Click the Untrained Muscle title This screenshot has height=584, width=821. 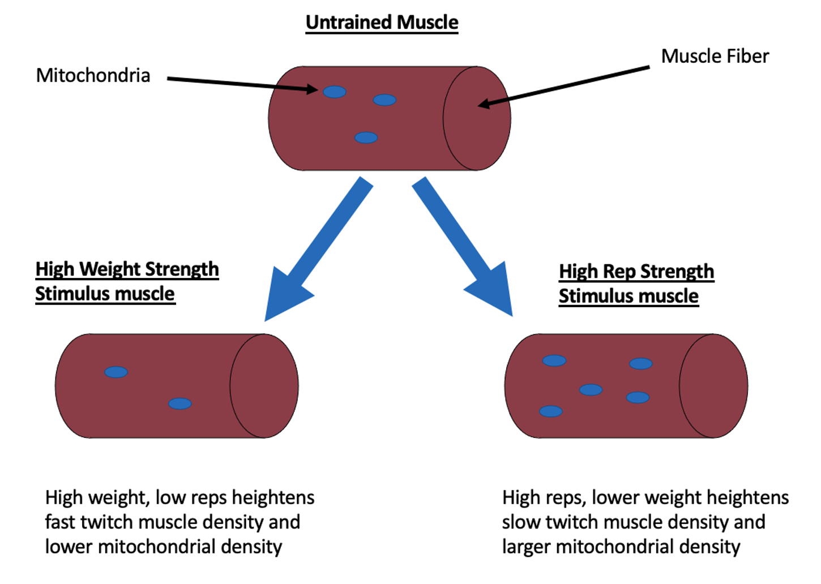click(382, 23)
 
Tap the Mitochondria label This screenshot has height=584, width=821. click(93, 75)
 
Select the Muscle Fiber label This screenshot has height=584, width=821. click(715, 57)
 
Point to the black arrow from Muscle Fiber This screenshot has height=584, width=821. click(564, 87)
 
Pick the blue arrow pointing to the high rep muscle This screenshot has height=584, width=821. click(463, 247)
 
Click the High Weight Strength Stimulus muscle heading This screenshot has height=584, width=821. click(127, 281)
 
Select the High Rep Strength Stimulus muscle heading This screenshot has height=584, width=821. click(636, 284)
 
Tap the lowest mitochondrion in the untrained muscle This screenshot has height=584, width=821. click(366, 138)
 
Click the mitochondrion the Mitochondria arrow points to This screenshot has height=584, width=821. click(334, 92)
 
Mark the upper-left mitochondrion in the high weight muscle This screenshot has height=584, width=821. click(116, 372)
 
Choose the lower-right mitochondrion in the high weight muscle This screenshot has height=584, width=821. click(179, 403)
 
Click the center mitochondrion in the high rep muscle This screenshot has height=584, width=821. click(591, 390)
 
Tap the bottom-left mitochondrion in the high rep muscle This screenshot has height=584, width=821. click(551, 411)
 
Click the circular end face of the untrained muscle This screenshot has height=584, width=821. click(477, 118)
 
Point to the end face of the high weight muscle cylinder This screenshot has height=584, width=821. click(264, 386)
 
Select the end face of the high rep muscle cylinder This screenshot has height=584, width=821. click(713, 386)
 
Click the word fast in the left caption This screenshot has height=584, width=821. click(60, 522)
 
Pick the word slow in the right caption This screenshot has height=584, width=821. click(521, 522)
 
